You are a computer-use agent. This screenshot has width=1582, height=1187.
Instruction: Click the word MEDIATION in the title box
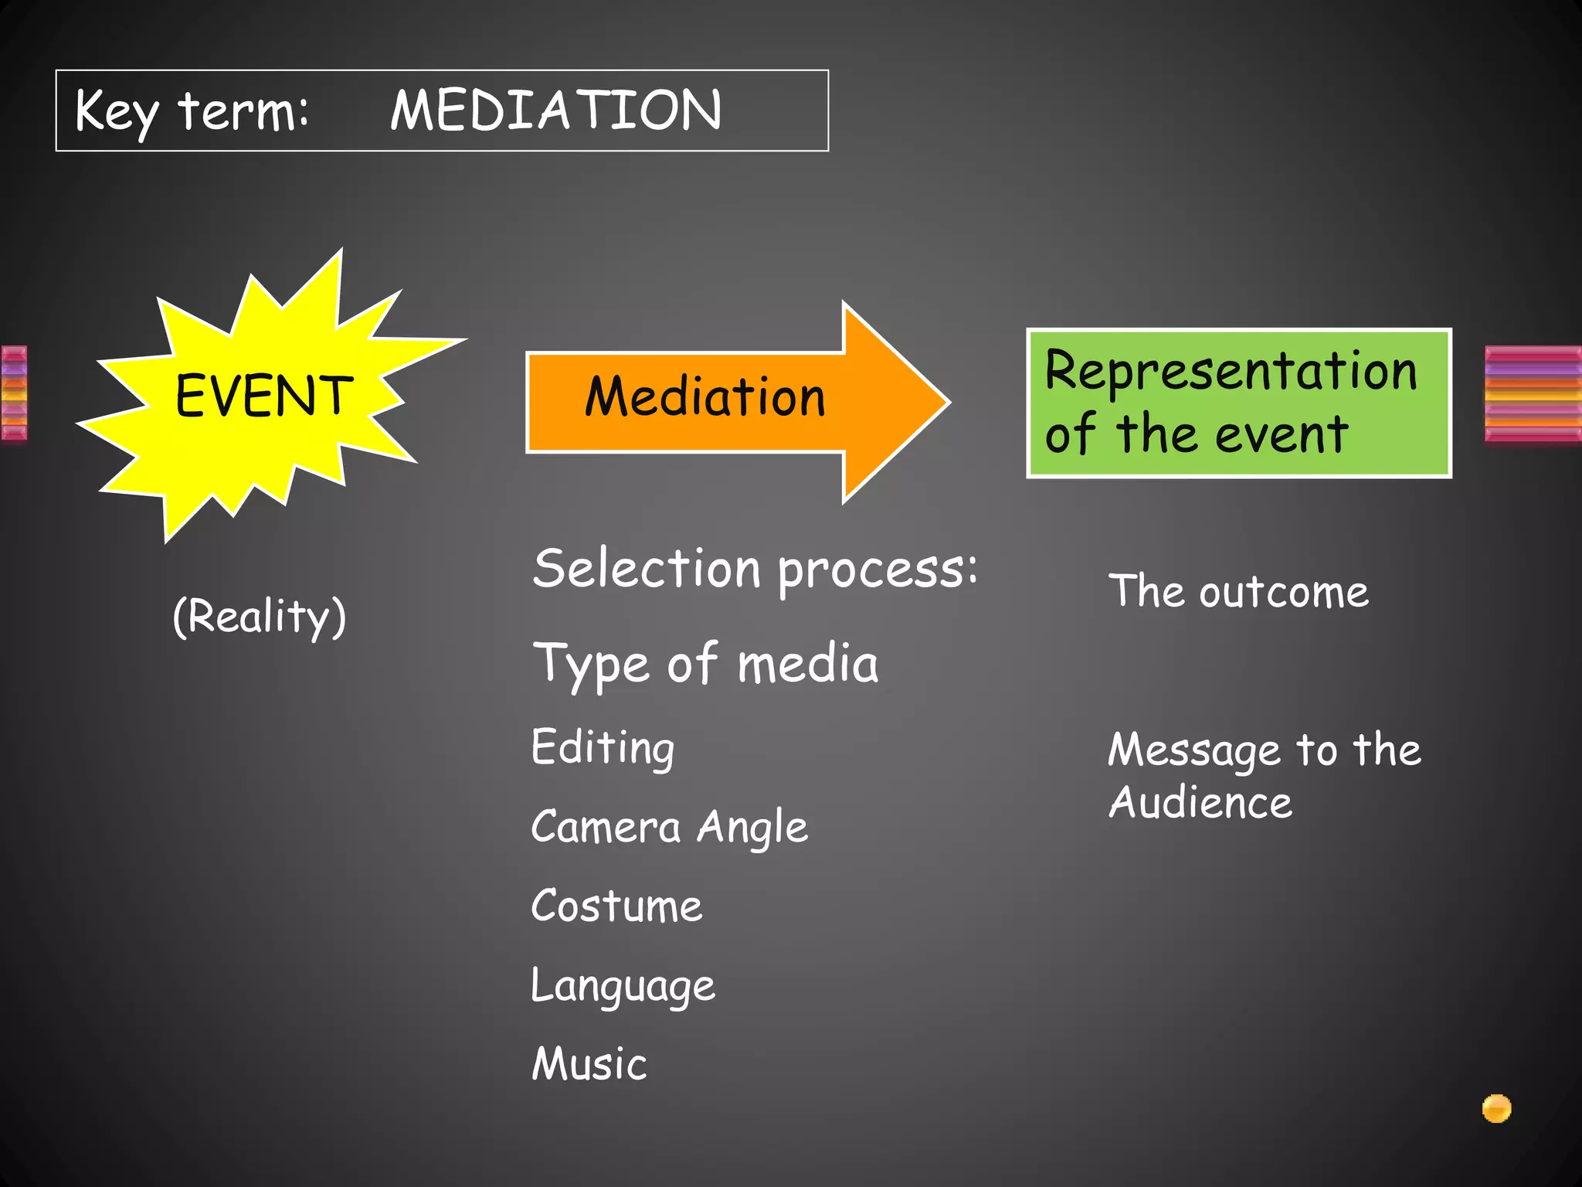[555, 110]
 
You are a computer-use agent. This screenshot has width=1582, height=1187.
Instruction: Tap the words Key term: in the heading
[192, 112]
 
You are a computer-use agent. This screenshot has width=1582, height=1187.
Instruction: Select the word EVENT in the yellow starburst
[263, 396]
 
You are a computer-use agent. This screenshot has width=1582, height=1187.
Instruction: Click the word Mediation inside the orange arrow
[704, 397]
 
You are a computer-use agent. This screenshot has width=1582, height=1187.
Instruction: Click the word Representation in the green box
[1231, 372]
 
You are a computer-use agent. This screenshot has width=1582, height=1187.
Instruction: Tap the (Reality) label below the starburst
[259, 617]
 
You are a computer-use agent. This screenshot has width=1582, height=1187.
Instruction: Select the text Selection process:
[755, 570]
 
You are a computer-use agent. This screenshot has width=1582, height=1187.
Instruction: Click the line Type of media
[705, 665]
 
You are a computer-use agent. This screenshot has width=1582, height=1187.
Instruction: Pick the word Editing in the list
[603, 748]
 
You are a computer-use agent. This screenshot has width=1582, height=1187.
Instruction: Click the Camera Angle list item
[669, 828]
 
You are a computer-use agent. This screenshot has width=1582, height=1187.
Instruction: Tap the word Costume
[616, 906]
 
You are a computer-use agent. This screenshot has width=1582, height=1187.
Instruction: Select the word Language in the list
[623, 987]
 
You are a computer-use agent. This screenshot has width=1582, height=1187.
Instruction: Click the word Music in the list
[589, 1064]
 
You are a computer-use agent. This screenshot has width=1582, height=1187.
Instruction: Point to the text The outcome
[1238, 593]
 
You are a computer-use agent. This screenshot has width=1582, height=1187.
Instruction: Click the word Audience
[1200, 803]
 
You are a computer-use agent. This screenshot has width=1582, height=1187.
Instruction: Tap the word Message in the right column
[1194, 750]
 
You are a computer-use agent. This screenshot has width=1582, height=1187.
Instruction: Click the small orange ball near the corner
[1496, 1108]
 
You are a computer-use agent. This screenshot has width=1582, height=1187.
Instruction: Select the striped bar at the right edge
[1533, 394]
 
